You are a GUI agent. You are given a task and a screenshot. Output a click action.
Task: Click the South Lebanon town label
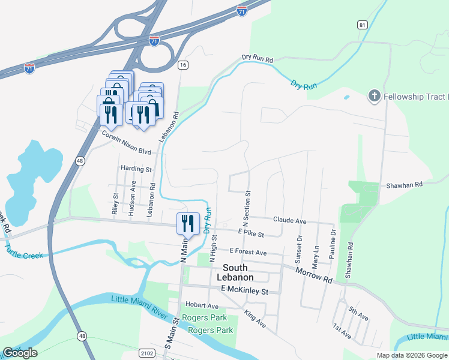point(238,272)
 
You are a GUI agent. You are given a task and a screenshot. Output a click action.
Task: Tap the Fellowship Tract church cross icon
point(374,96)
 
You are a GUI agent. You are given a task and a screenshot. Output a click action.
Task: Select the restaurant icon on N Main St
point(188,223)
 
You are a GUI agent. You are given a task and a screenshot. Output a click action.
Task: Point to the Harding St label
point(136,170)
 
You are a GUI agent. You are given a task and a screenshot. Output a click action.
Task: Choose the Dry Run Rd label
point(258,59)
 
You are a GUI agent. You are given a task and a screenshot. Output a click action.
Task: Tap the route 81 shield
point(361,25)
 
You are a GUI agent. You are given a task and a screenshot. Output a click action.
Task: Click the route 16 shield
point(183,64)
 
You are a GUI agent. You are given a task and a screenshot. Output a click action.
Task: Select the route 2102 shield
point(146,353)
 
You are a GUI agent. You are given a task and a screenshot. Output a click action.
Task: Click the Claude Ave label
point(289,221)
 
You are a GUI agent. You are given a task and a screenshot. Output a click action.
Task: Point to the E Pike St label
point(251,232)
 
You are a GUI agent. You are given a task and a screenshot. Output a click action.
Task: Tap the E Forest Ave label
point(247,253)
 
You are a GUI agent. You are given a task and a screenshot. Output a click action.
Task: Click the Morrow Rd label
point(314,275)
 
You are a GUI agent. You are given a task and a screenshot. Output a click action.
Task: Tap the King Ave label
point(255,319)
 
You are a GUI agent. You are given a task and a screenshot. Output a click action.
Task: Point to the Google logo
point(20,353)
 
